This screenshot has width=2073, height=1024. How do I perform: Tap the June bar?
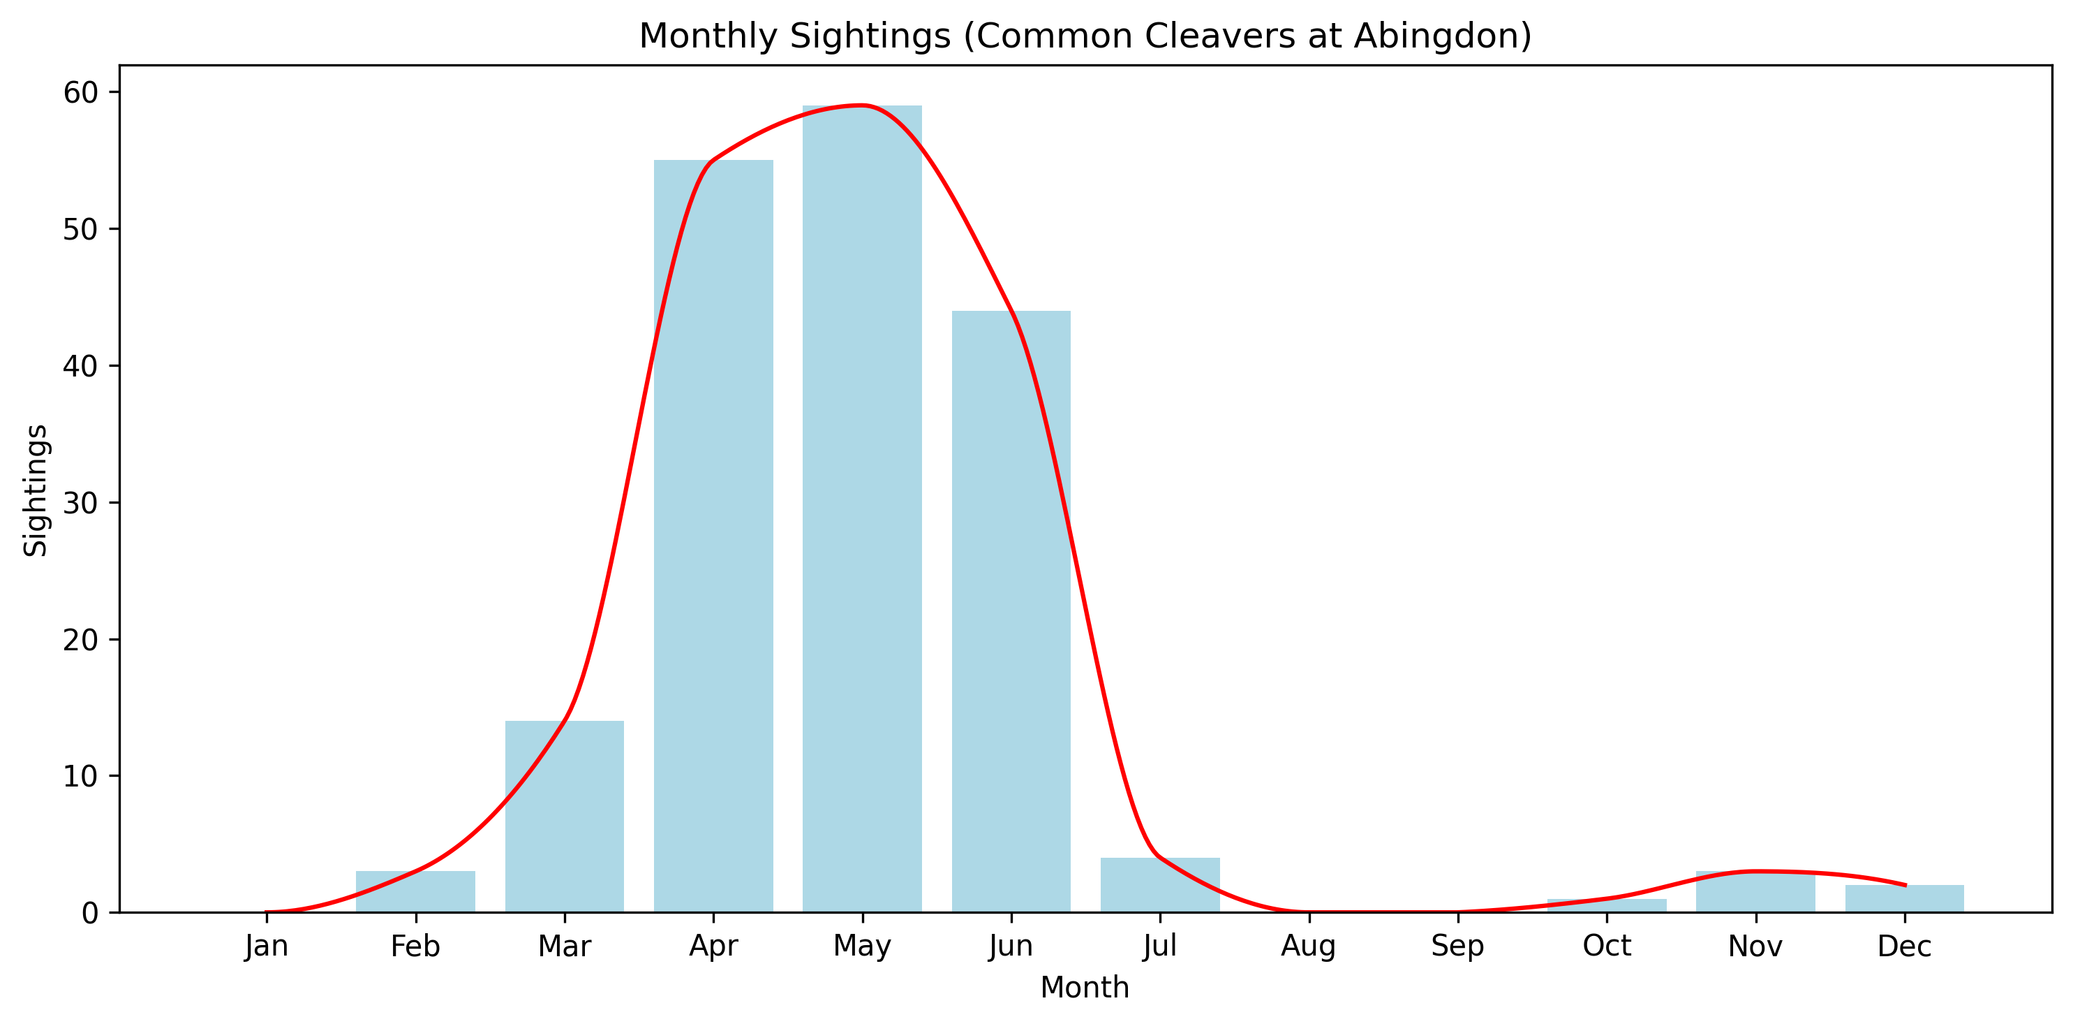[x=1011, y=612]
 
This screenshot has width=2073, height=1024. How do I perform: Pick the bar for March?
[x=564, y=817]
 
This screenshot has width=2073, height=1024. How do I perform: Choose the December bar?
[x=1904, y=898]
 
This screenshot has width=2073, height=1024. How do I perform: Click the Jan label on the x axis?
[x=267, y=946]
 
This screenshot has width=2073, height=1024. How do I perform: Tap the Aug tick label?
[x=1309, y=946]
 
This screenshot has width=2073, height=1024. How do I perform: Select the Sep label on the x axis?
[x=1457, y=946]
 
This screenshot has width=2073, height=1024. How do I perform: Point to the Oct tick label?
[x=1606, y=946]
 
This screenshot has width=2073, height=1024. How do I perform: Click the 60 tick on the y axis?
[x=80, y=93]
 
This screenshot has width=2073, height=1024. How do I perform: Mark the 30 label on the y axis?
[x=80, y=503]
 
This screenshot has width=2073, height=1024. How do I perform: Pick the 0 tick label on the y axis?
[x=89, y=913]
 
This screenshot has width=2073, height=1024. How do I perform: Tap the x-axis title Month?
[x=1085, y=988]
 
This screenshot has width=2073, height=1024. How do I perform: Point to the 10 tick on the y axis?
[x=80, y=776]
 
